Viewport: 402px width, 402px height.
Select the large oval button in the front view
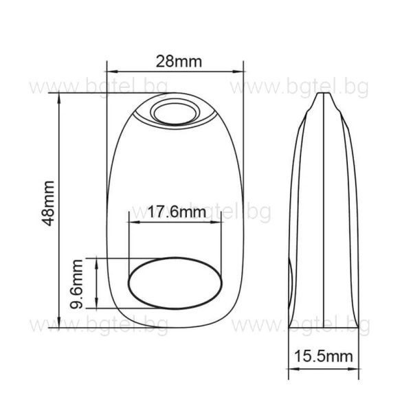point(177,281)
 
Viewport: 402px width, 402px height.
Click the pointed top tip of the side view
point(318,93)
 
